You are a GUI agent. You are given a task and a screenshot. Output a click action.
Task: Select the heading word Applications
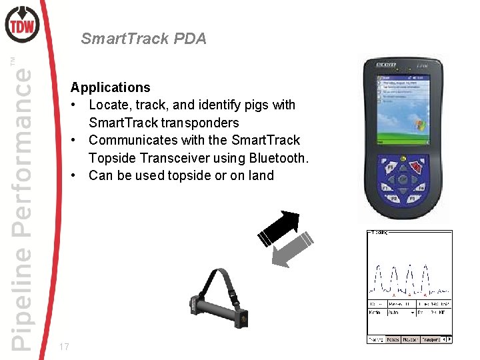110,87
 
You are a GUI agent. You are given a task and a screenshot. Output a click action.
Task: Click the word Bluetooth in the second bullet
277,158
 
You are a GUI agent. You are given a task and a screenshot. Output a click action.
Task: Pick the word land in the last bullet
261,175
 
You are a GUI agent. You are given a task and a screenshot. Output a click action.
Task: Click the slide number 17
64,347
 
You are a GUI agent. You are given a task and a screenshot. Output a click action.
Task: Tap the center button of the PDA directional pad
404,179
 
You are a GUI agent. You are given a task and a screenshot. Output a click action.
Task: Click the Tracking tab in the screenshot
376,339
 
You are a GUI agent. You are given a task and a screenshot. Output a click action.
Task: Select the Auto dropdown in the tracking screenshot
400,312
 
